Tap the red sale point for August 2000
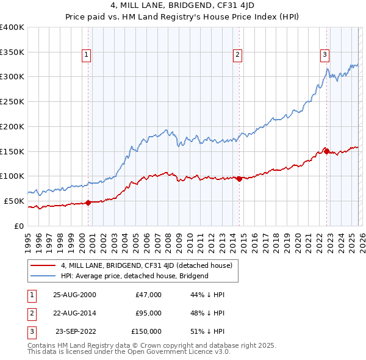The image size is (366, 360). [x=88, y=203]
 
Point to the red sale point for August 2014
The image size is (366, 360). [x=239, y=179]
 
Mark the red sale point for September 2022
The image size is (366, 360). [x=326, y=151]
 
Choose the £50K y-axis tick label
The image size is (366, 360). [x=15, y=201]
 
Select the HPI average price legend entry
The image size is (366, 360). [x=135, y=276]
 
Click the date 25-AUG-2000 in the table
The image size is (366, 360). [x=74, y=295]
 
